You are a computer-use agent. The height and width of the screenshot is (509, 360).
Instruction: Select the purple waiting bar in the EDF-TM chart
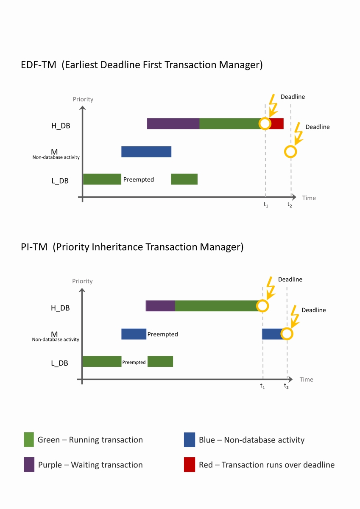click(173, 124)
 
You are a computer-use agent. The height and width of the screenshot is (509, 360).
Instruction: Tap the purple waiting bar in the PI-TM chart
click(160, 306)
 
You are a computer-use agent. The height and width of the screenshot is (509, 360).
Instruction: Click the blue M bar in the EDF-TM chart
click(146, 152)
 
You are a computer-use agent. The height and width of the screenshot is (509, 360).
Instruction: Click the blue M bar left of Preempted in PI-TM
click(134, 334)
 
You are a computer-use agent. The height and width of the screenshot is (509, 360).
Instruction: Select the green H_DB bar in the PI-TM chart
click(216, 306)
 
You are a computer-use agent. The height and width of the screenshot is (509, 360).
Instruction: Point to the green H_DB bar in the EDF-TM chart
click(229, 124)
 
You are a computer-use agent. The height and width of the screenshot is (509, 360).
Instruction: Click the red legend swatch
click(190, 465)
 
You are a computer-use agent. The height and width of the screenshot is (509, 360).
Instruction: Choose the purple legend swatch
click(29, 465)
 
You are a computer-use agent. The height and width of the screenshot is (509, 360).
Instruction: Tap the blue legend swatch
click(190, 440)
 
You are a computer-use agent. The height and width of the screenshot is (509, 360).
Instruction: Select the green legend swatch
click(29, 440)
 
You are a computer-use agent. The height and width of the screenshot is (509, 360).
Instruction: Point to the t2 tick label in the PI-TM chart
click(287, 386)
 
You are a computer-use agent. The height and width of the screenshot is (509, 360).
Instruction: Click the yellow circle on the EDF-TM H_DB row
click(265, 123)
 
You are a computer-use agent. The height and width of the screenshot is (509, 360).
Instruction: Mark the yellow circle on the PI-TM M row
click(287, 334)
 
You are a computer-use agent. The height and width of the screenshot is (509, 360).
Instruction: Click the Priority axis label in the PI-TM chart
click(83, 281)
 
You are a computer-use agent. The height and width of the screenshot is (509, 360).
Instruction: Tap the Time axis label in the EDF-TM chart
click(309, 198)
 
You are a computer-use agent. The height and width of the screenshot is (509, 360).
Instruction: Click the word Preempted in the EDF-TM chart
click(139, 179)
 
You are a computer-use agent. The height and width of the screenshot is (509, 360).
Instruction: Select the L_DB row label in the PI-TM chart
click(59, 363)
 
